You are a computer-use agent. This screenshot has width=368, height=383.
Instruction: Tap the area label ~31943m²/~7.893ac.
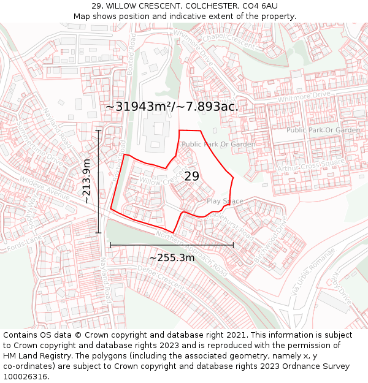pyautogui.click(x=172, y=106)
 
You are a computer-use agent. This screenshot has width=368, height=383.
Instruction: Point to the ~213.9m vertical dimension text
pyautogui.click(x=87, y=181)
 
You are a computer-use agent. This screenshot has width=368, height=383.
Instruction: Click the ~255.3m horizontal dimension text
pyautogui.click(x=172, y=257)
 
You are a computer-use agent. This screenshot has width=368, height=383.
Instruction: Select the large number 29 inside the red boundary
pyautogui.click(x=192, y=176)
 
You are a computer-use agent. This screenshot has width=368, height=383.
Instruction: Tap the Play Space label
pyautogui.click(x=224, y=201)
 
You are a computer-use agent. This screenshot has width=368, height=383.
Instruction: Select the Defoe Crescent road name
pyautogui.click(x=161, y=278)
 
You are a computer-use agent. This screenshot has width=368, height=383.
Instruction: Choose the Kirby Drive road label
pyautogui.click(x=340, y=289)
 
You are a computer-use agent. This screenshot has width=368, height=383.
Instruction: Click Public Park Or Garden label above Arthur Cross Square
pyautogui.click(x=323, y=130)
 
